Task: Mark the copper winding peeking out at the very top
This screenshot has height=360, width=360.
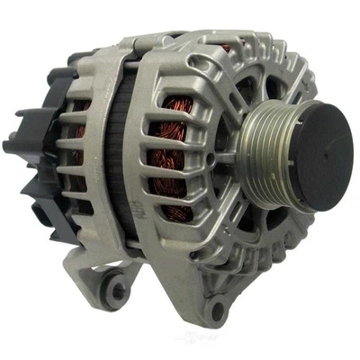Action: (226, 47)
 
